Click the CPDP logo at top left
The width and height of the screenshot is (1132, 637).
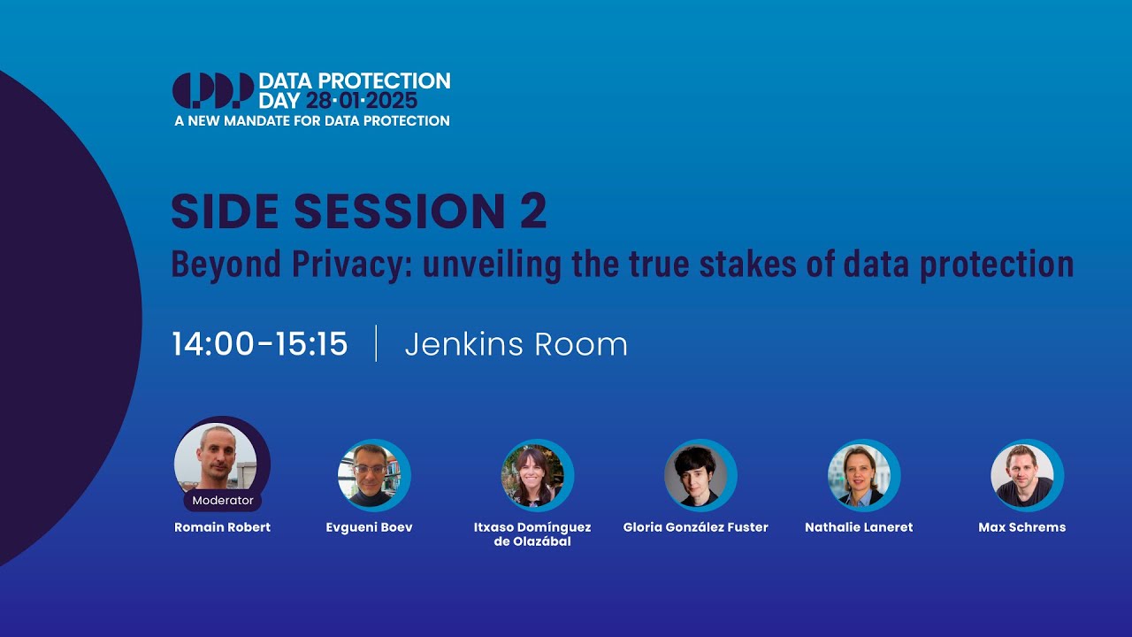[x=212, y=90]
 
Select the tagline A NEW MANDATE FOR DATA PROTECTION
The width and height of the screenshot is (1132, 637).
[x=312, y=120]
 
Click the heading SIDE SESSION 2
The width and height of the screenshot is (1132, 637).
[x=359, y=211]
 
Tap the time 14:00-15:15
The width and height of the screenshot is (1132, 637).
[x=260, y=344]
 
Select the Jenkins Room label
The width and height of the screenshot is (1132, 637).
[x=516, y=344]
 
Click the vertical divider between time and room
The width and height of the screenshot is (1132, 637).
[x=376, y=343]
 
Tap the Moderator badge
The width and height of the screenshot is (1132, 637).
[x=223, y=500]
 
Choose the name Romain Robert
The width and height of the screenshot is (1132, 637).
[x=223, y=527]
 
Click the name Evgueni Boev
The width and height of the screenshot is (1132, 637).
[x=370, y=527]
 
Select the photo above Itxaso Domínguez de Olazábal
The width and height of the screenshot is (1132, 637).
[x=533, y=475]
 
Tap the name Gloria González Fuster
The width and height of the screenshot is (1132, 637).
[x=696, y=527]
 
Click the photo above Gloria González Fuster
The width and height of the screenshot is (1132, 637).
[x=697, y=475]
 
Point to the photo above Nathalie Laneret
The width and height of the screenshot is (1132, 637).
[x=860, y=475]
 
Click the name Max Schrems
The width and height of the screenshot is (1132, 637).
[x=1022, y=527]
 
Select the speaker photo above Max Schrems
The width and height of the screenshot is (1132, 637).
[x=1023, y=475]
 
